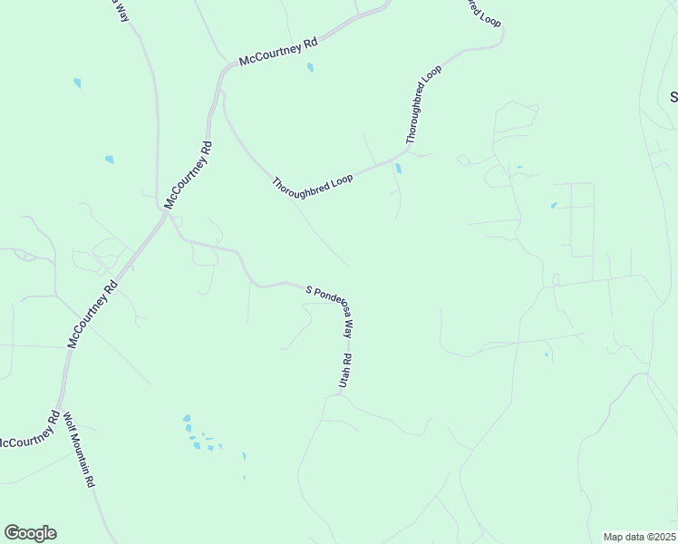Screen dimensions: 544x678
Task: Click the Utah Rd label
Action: (x=344, y=372)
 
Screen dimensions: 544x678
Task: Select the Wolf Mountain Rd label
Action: (x=79, y=450)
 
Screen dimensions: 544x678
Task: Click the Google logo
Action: (x=30, y=533)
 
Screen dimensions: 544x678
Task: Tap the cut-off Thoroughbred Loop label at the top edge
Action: (x=484, y=13)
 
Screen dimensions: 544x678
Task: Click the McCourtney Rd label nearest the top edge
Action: (x=279, y=53)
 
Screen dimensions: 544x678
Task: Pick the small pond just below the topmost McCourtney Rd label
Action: (x=310, y=67)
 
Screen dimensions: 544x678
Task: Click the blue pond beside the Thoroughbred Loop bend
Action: (x=398, y=168)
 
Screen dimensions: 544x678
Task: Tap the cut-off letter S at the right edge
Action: (x=673, y=96)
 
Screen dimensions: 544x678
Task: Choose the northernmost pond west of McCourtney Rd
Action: (x=77, y=83)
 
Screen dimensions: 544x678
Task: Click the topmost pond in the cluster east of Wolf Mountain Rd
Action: (x=187, y=419)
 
